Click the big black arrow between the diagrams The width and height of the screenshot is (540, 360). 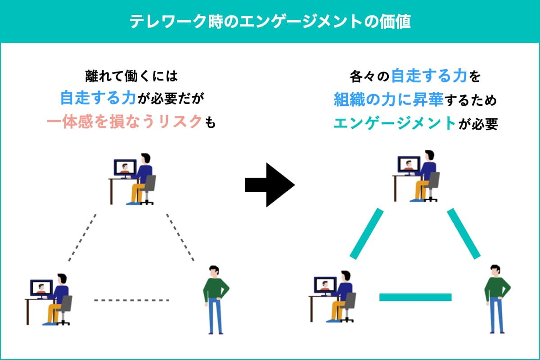[269, 184]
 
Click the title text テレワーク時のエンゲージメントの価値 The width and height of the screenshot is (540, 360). [270, 22]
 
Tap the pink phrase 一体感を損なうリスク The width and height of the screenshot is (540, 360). [123, 122]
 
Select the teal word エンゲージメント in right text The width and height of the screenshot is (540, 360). [394, 123]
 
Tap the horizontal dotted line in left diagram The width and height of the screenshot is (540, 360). [131, 300]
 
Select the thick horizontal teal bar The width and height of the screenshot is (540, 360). [415, 297]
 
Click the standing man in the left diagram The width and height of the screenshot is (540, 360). [215, 299]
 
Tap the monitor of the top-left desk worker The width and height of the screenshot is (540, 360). [125, 167]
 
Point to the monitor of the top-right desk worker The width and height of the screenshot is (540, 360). [409, 164]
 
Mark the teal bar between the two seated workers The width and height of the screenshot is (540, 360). [366, 234]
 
